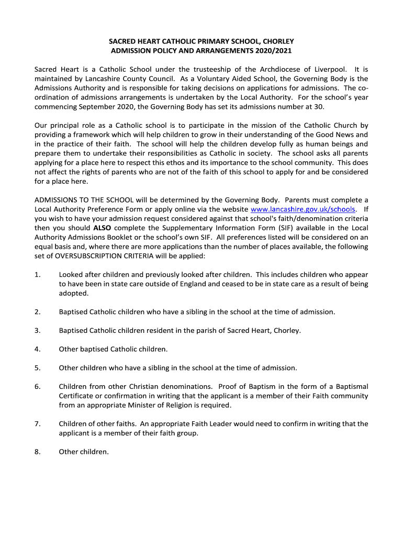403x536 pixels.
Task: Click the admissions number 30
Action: pos(319,107)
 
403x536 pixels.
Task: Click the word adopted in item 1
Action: pos(73,293)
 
